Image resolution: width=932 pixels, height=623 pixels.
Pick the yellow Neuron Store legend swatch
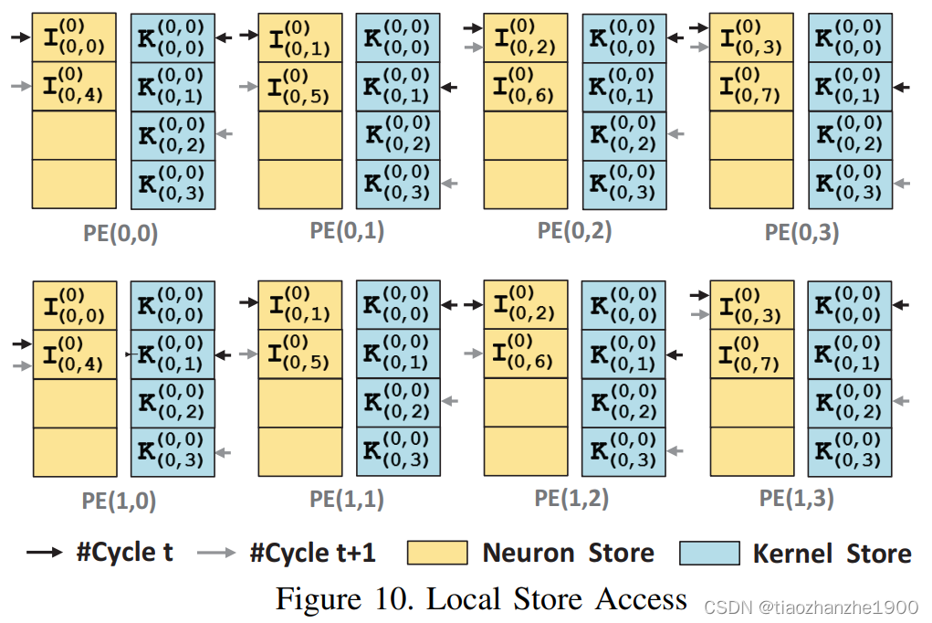[436, 553]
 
